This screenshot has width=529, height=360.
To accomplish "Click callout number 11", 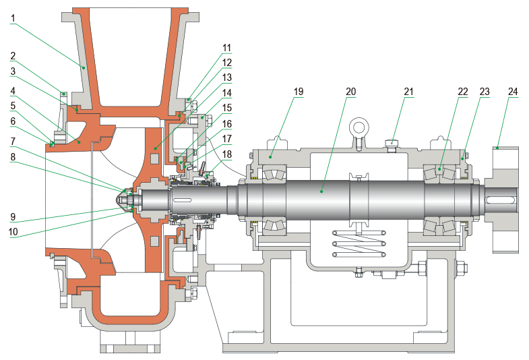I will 226,48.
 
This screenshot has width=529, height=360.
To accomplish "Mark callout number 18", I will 226,154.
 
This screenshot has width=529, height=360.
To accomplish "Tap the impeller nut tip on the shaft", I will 122,200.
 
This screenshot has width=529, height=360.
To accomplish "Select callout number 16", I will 226,123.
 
